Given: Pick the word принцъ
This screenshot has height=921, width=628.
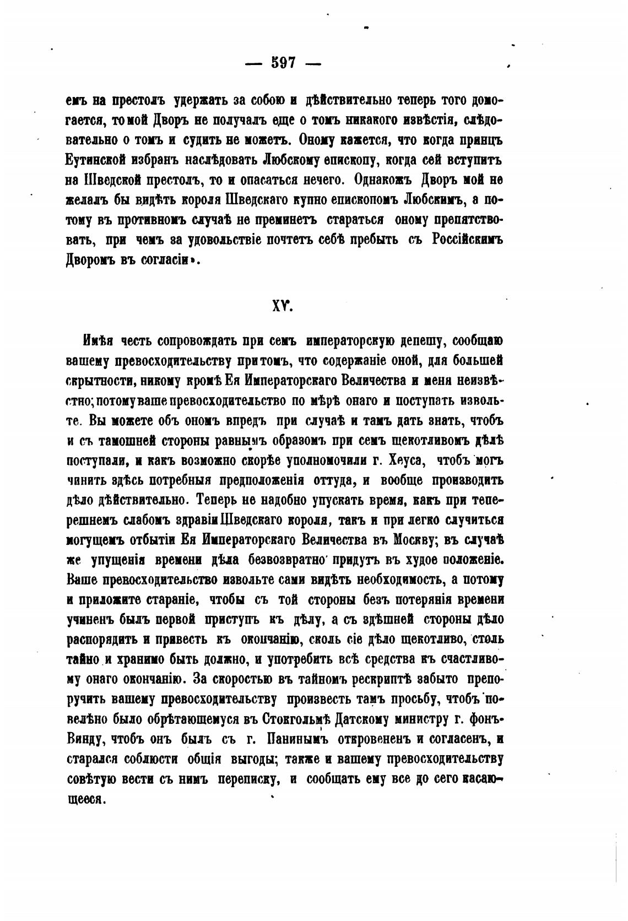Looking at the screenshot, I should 477,141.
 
